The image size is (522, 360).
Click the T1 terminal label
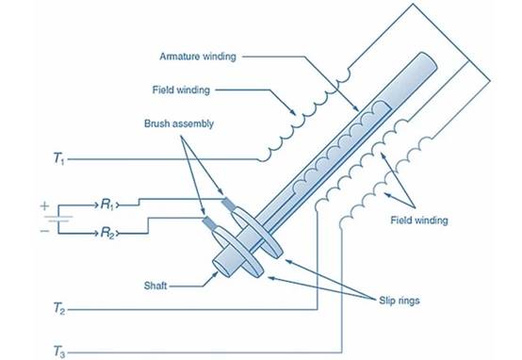coord(59,158)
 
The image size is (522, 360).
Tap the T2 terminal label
coord(59,309)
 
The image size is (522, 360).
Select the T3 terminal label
coord(59,352)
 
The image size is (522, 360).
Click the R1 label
coord(107,205)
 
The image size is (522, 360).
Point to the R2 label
coord(107,233)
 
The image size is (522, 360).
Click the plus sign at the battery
coord(44,206)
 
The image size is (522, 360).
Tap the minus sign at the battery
coord(44,231)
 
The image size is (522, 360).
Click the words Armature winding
coord(198,57)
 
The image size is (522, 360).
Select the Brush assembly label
coord(179,123)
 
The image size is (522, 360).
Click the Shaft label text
coord(155,286)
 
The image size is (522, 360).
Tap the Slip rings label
coord(400,301)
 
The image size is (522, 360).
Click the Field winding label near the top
coord(181,90)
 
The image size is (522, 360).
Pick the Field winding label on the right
coord(419,221)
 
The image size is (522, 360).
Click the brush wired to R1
coord(228,204)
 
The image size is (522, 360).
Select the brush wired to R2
coord(209,222)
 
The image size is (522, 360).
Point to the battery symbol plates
coord(58,219)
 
